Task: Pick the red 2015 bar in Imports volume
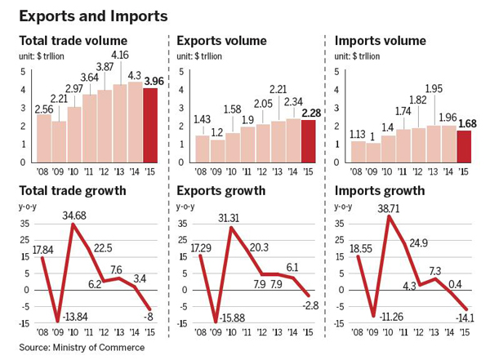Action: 464,146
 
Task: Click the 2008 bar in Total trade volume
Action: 44,137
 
